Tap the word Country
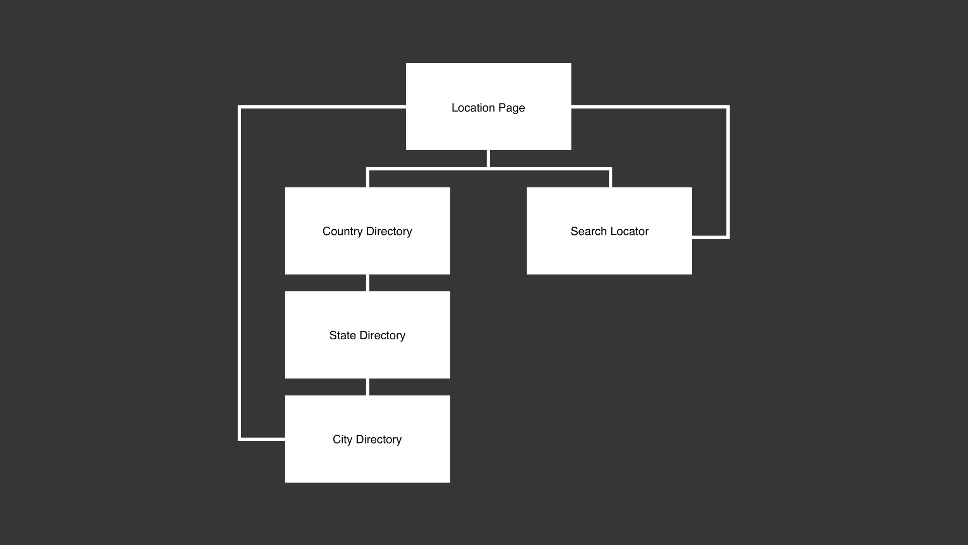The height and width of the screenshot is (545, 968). (343, 232)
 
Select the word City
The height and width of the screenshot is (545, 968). (342, 440)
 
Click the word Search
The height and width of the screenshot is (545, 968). (589, 231)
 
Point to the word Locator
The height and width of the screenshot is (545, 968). (630, 231)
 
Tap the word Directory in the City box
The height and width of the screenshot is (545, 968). (379, 440)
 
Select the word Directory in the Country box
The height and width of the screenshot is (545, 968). (389, 232)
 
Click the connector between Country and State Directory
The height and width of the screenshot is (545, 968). (367, 283)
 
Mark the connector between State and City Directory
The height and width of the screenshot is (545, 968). (367, 387)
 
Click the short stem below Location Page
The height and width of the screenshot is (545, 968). (488, 158)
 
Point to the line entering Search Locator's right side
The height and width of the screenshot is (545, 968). (709, 237)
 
